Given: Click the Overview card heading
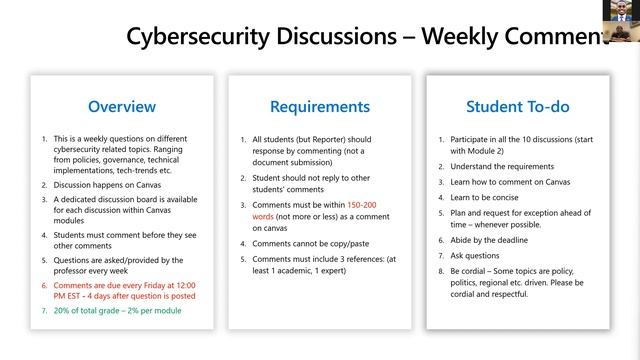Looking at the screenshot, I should tap(122, 106).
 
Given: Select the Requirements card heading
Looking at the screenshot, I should tap(319, 106).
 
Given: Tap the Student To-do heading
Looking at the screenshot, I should tap(517, 106).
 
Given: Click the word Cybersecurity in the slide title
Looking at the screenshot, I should tap(200, 36).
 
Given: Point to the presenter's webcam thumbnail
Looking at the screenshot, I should tap(621, 19).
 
